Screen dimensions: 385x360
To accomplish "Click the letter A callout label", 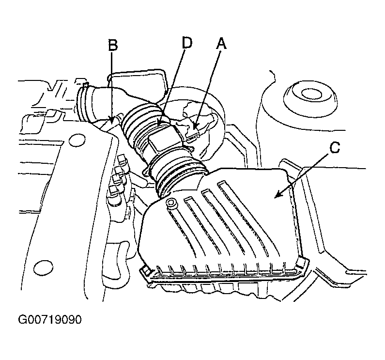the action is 221,44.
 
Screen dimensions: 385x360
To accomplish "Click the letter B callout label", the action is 113,46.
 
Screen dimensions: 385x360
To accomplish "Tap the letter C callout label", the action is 335,148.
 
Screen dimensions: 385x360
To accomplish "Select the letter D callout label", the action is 187,43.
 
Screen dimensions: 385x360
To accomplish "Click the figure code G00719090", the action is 49,320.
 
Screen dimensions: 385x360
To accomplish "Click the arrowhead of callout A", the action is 195,126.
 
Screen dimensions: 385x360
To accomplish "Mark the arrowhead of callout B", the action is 112,121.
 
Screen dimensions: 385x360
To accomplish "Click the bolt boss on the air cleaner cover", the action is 171,203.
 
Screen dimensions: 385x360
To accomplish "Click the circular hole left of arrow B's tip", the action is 77,141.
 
